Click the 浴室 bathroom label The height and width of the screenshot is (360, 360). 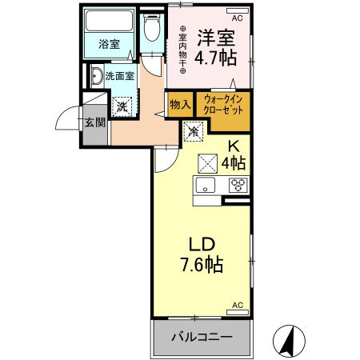pyautogui.click(x=110, y=45)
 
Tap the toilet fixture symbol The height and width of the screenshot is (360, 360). pyautogui.click(x=151, y=32)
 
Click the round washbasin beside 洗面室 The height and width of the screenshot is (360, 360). pyautogui.click(x=97, y=77)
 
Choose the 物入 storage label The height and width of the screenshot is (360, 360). pyautogui.click(x=179, y=104)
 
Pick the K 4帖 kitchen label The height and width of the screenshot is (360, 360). pyautogui.click(x=234, y=154)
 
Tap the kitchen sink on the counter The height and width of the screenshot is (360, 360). pyautogui.click(x=206, y=186)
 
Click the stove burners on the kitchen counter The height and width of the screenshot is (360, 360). pyautogui.click(x=237, y=186)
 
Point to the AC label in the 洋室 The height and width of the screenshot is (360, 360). pyautogui.click(x=237, y=17)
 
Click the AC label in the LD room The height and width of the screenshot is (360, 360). pyautogui.click(x=237, y=306)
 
